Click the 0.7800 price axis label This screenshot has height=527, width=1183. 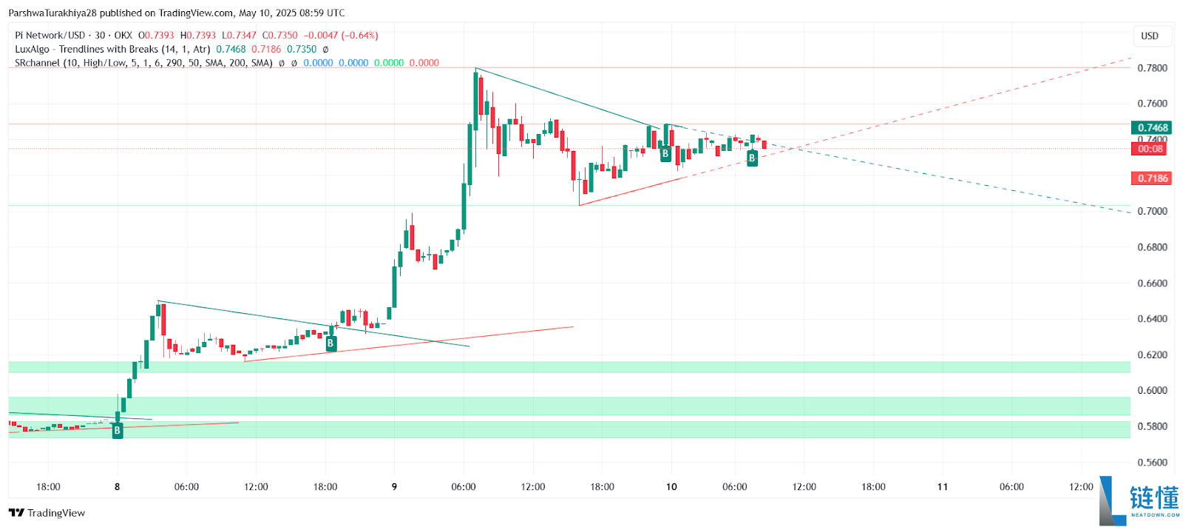tap(1152, 68)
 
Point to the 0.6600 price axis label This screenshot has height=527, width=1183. tap(1152, 283)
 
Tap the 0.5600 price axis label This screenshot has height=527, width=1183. tap(1152, 463)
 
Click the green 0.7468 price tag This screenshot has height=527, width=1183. tap(1151, 128)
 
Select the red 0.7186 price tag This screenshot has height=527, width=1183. tap(1151, 178)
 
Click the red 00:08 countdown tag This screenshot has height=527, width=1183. tap(1150, 149)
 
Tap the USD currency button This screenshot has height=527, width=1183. tap(1149, 36)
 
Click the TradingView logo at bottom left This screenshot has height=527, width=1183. tap(47, 513)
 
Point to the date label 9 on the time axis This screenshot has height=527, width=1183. tap(394, 487)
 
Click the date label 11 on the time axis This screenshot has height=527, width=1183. tap(942, 487)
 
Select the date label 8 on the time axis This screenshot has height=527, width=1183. tap(117, 487)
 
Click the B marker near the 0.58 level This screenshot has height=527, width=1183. tap(117, 431)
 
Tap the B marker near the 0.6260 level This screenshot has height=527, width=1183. tap(331, 343)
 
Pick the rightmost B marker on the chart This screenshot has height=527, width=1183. tap(752, 158)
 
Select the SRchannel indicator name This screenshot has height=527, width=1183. tap(37, 63)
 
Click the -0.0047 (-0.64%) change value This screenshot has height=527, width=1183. tap(341, 36)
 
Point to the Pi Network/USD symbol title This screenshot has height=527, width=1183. tap(50, 36)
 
